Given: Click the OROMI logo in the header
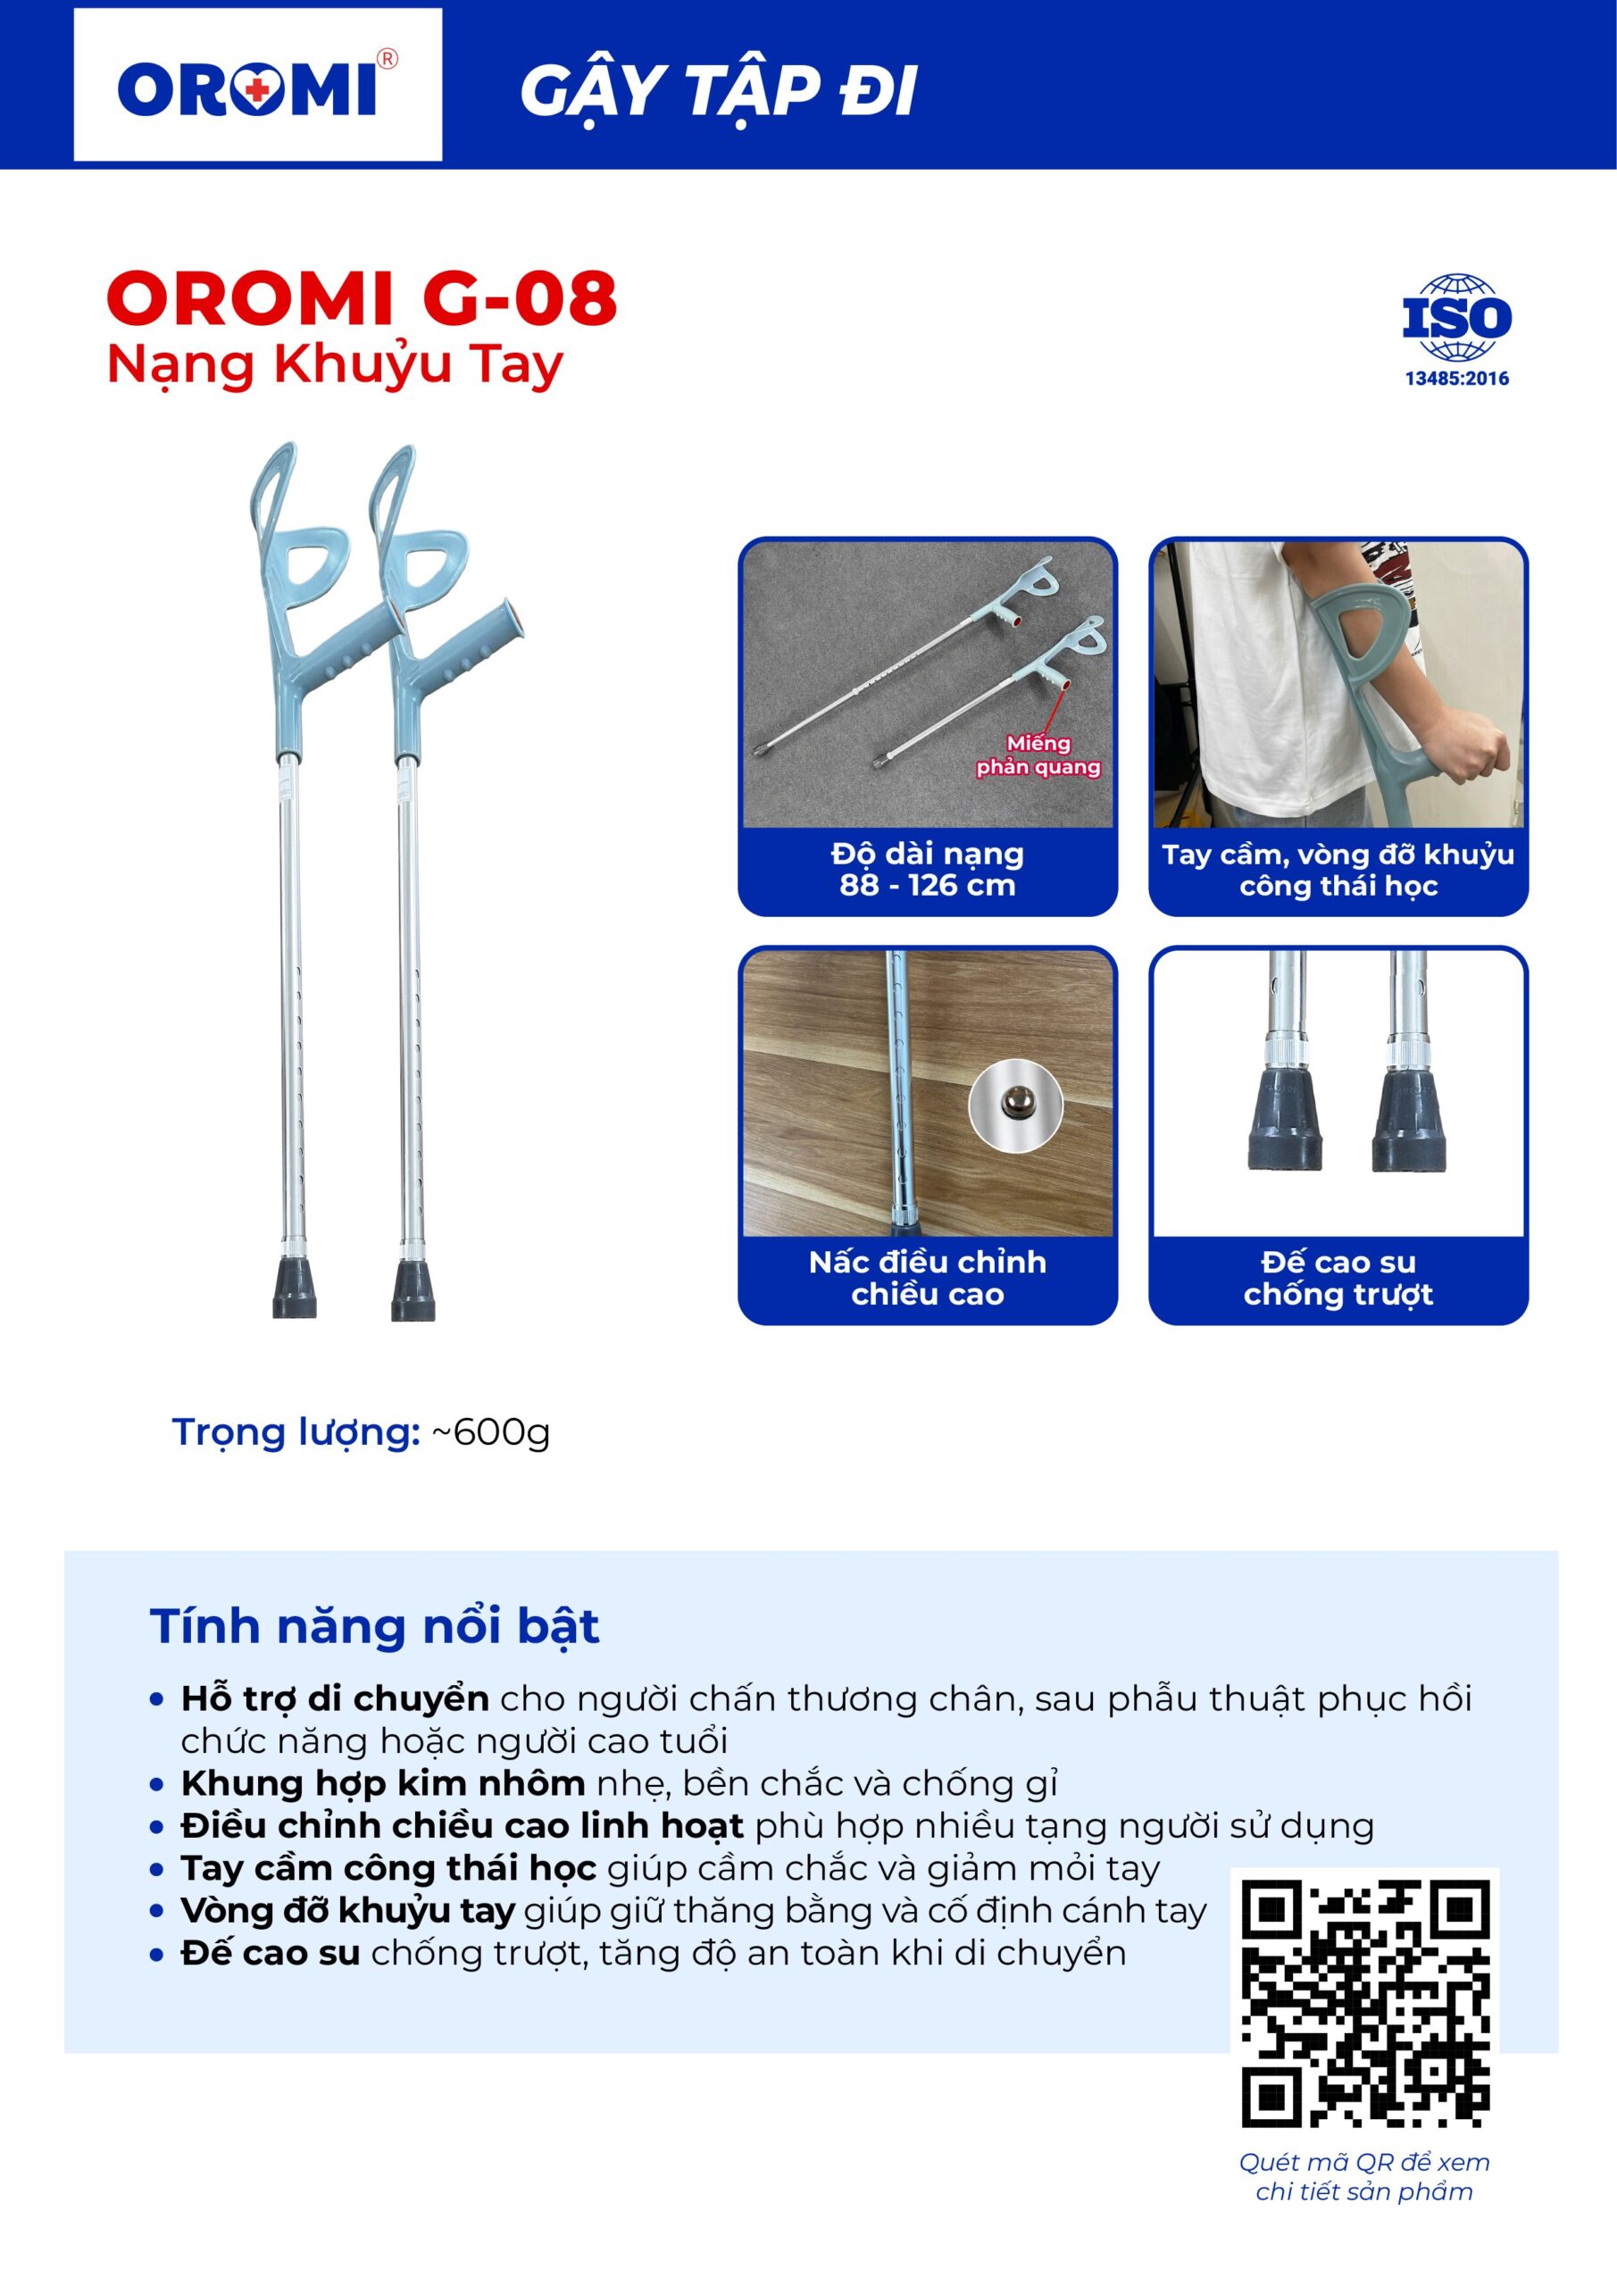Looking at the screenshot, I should [257, 88].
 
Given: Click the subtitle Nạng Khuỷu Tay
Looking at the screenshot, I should [335, 365].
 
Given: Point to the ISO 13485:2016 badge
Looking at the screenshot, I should [1455, 330].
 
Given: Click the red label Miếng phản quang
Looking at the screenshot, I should [1038, 755].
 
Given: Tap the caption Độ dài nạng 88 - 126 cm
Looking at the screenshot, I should [927, 869].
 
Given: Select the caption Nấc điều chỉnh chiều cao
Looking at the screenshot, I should [927, 1278].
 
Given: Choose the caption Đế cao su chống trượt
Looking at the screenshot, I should [1338, 1278].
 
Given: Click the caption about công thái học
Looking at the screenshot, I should [1338, 869].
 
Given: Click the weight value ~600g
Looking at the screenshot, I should [490, 1431].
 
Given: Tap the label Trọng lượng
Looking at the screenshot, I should [296, 1431].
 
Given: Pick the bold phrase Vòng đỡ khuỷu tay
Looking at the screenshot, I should [347, 1911].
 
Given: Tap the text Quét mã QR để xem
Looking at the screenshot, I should [1364, 2163].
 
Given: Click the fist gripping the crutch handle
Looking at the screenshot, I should [1465, 747].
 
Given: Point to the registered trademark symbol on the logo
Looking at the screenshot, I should [388, 60].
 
